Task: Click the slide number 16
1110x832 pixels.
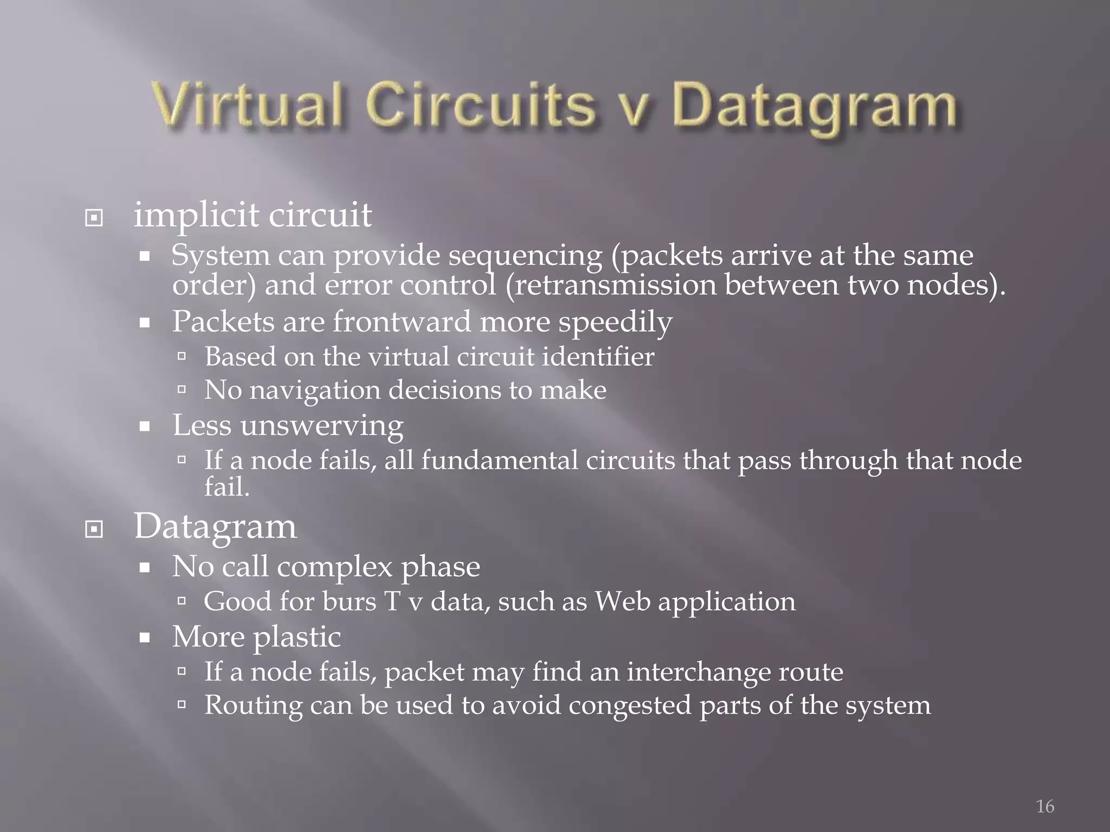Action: point(1045,806)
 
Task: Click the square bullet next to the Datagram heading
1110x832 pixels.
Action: point(94,529)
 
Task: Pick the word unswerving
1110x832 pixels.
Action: point(322,425)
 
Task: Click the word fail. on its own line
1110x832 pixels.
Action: point(227,486)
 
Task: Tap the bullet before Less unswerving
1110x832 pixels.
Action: point(144,426)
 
